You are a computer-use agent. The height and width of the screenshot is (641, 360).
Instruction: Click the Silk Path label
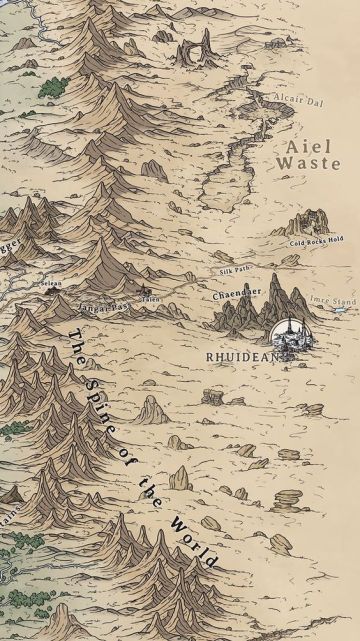[235, 271]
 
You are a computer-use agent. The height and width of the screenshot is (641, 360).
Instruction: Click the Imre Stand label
[333, 300]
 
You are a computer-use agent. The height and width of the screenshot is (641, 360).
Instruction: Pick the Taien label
[150, 299]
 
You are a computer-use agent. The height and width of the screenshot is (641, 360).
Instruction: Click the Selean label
[51, 284]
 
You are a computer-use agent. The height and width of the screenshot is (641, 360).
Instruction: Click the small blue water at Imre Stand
[341, 310]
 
